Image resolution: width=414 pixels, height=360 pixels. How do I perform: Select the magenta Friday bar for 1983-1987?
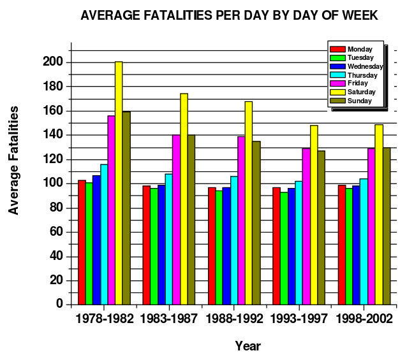[x=176, y=219]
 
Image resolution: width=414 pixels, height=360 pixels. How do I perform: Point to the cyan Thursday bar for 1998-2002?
[x=364, y=241]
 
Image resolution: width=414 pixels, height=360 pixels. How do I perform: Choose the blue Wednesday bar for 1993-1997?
[x=291, y=246]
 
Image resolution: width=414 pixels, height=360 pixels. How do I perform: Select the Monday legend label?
[x=360, y=48]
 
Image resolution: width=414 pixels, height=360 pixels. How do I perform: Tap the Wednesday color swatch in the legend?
[x=337, y=66]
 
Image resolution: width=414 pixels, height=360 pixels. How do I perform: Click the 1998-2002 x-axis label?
[x=364, y=319]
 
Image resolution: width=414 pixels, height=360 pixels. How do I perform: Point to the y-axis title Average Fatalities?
[x=14, y=160]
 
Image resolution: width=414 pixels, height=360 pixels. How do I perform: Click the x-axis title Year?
[x=248, y=346]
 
